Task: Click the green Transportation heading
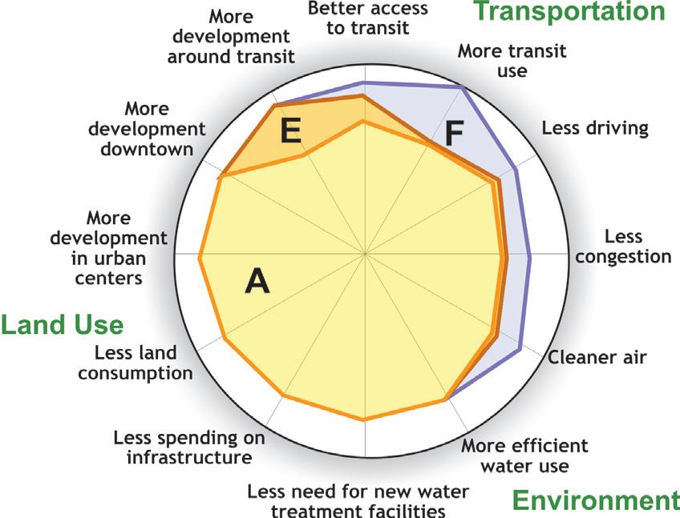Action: point(569,12)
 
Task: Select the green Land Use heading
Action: point(62,325)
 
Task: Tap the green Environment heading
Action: point(595,500)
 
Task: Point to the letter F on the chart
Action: point(454,134)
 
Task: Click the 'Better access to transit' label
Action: point(368,18)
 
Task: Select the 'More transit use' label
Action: point(512,61)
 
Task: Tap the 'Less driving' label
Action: point(594,128)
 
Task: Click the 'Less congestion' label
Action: point(623,247)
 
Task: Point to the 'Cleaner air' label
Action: point(597,357)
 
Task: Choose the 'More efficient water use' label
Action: point(524,456)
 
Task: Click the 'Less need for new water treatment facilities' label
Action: point(358,500)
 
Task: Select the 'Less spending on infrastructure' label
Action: point(188,448)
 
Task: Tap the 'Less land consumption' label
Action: point(136,363)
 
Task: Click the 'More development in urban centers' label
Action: point(108,247)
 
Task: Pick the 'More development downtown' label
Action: point(147,129)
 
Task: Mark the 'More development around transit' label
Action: point(231,36)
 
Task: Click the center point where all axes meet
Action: point(365,255)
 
